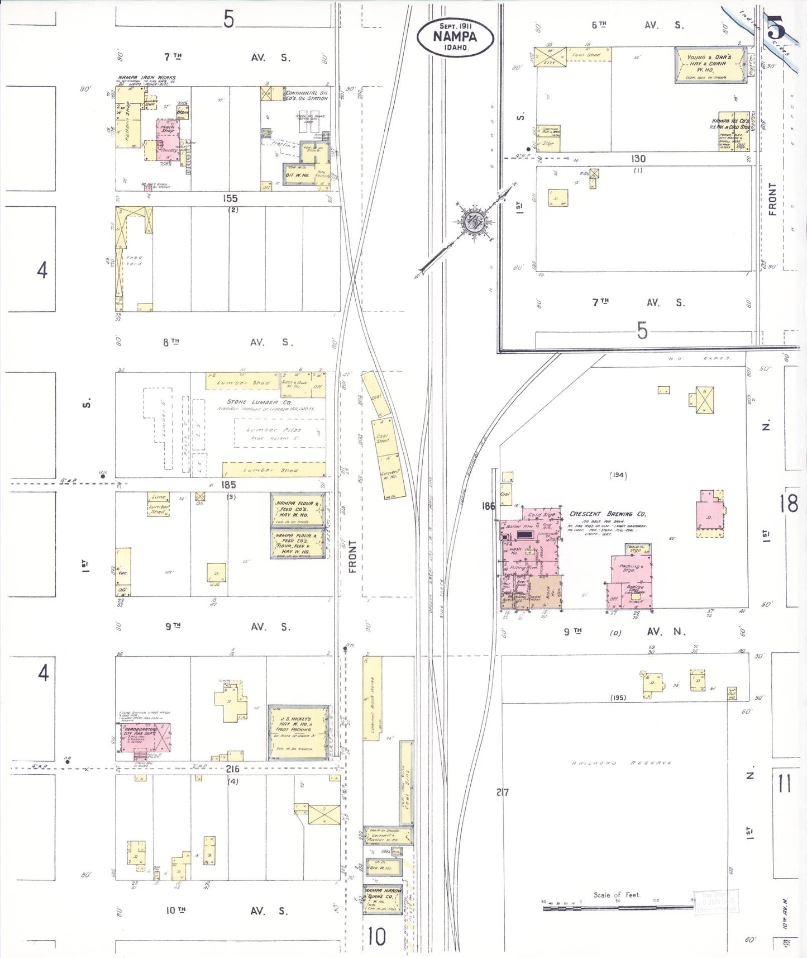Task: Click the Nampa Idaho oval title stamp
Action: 455,37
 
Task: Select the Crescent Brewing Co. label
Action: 608,514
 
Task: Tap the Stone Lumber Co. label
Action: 259,402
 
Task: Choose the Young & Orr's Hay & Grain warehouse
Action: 710,64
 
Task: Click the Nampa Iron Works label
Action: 146,78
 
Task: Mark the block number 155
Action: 230,198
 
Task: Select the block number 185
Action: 228,485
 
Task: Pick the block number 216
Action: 232,769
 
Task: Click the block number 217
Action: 502,791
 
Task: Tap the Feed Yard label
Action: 134,260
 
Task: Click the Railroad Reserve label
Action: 620,763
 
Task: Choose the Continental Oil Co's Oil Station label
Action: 307,96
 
